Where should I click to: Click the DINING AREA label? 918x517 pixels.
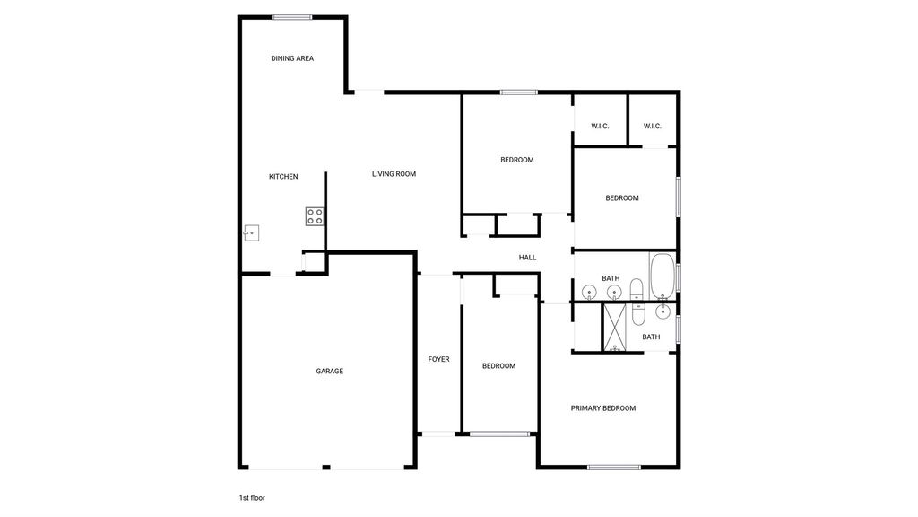pyautogui.click(x=292, y=58)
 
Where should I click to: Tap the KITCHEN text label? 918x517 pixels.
pyautogui.click(x=283, y=177)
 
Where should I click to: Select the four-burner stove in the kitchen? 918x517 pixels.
pyautogui.click(x=315, y=216)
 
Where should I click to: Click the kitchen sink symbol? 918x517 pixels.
pyautogui.click(x=251, y=232)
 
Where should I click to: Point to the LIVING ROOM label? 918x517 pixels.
pyautogui.click(x=394, y=173)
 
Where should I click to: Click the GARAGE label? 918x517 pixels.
pyautogui.click(x=330, y=371)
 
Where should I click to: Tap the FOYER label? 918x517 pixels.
pyautogui.click(x=438, y=359)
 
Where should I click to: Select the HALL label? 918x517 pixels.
pyautogui.click(x=527, y=258)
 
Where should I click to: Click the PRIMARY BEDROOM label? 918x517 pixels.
pyautogui.click(x=603, y=408)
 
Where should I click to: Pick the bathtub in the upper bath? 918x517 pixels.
pyautogui.click(x=663, y=276)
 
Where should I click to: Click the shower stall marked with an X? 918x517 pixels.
pyautogui.click(x=615, y=327)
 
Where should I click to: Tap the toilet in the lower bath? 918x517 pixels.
pyautogui.click(x=638, y=313)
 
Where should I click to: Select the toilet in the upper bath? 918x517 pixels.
pyautogui.click(x=637, y=290)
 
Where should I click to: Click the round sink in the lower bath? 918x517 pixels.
pyautogui.click(x=663, y=311)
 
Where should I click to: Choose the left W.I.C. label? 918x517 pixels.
pyautogui.click(x=600, y=126)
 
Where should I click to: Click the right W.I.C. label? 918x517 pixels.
pyautogui.click(x=653, y=126)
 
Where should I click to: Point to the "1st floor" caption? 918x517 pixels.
pyautogui.click(x=252, y=497)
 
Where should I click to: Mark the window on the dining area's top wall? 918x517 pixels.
pyautogui.click(x=292, y=18)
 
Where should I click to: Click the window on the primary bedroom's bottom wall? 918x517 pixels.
pyautogui.click(x=614, y=467)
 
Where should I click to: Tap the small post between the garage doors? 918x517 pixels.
pyautogui.click(x=326, y=467)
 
